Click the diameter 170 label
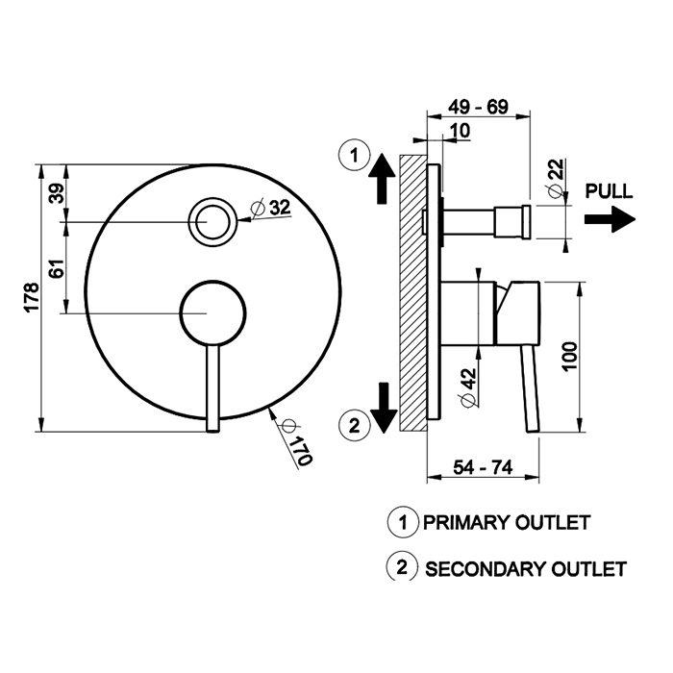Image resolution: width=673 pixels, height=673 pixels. (x=296, y=445)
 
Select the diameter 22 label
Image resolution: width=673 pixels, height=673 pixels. (x=556, y=181)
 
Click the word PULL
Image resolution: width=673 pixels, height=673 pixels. (x=609, y=190)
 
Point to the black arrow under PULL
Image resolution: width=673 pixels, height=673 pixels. (x=610, y=220)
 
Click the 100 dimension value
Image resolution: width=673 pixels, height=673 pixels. (x=570, y=359)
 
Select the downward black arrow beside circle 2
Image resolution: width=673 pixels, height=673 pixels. (x=383, y=408)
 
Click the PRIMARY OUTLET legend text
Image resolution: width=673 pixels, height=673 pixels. (x=506, y=524)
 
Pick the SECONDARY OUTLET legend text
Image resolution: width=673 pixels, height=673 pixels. (x=525, y=568)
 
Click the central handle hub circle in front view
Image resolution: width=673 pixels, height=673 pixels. (x=213, y=312)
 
